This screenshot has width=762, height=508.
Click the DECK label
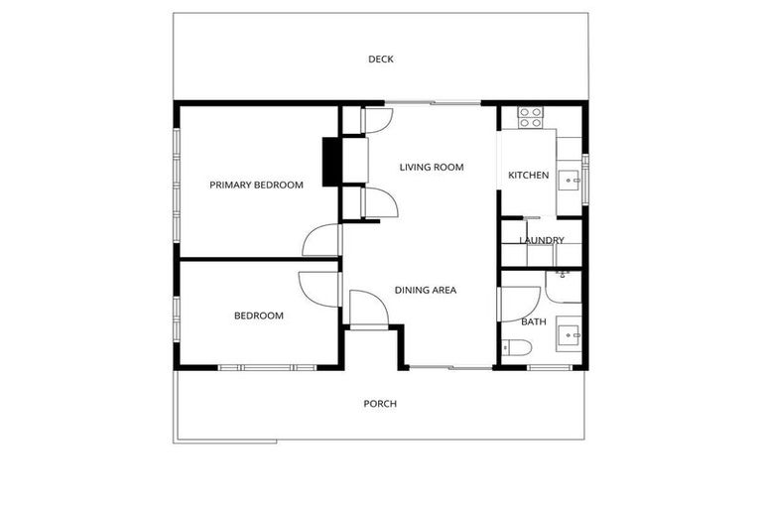tap(381, 60)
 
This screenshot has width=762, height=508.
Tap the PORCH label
tap(380, 404)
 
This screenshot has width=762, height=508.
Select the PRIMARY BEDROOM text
tap(256, 185)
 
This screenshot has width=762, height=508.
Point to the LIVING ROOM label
tap(432, 168)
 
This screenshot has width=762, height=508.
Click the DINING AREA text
tap(426, 291)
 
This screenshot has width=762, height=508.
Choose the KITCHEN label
tap(528, 176)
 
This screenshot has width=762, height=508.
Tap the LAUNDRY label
tap(541, 240)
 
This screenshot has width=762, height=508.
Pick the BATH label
tap(534, 321)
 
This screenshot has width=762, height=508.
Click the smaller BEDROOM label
tap(258, 317)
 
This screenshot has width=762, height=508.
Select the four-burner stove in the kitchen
tap(530, 118)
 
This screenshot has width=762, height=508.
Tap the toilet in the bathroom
tap(517, 347)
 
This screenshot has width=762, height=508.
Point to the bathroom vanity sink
tap(569, 334)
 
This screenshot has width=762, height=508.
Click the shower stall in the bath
tap(563, 287)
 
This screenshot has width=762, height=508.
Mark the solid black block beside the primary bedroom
tap(331, 161)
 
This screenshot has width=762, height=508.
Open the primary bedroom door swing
tap(321, 240)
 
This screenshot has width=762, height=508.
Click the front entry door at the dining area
tap(369, 309)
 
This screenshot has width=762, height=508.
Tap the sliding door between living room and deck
tap(433, 102)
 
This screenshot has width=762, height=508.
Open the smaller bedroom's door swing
tap(319, 288)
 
